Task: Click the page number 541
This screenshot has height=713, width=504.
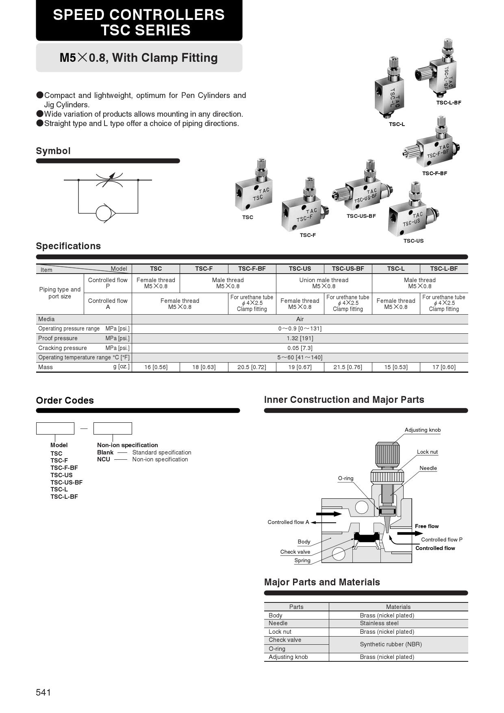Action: point(43,692)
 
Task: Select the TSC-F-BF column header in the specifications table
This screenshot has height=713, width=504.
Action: point(252,269)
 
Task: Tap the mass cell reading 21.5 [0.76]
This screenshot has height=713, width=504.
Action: point(348,367)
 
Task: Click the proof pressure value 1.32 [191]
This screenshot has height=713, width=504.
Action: point(300,338)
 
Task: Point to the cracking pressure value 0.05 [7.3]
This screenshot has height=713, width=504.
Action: point(300,348)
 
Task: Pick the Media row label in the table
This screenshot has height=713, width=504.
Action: point(46,319)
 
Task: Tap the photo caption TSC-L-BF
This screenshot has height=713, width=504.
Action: point(449,103)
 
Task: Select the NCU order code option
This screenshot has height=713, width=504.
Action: point(103,459)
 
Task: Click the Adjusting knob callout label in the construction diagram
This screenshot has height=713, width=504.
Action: point(422,430)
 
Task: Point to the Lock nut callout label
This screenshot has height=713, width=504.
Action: point(427,452)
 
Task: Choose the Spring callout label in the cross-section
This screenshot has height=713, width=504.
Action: point(302,561)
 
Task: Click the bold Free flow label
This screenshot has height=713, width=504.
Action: point(426,526)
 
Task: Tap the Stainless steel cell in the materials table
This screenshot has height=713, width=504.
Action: point(379,623)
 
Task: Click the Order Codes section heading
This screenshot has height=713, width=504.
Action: point(65,400)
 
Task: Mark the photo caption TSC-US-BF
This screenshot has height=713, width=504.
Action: point(361,216)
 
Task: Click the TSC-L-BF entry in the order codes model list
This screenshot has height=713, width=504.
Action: point(64,497)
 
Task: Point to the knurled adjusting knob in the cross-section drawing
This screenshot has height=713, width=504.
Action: point(384,455)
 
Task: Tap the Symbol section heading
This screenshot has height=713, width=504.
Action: point(53,151)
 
